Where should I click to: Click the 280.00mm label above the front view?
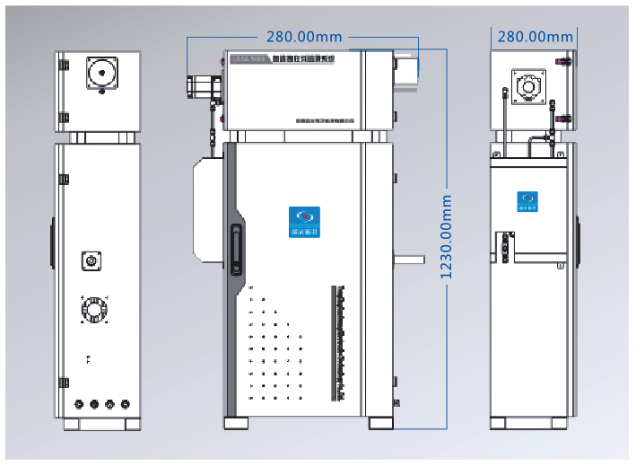tap(304, 37)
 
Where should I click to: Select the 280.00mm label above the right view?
tap(535, 37)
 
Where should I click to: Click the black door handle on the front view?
tap(237, 249)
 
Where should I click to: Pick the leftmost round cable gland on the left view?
tap(79, 404)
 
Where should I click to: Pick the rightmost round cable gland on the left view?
tap(125, 404)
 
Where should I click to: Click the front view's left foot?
tap(237, 421)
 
